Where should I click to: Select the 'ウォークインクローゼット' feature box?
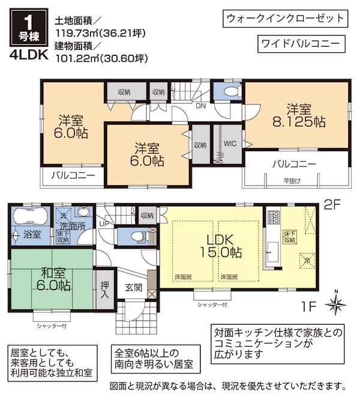[x=285, y=18]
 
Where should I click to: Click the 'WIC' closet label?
[x=229, y=144]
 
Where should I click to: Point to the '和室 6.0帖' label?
[x=52, y=278]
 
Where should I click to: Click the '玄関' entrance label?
[x=133, y=288]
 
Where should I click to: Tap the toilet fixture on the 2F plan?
[x=229, y=92]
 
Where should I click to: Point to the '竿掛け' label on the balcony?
[x=293, y=180]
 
